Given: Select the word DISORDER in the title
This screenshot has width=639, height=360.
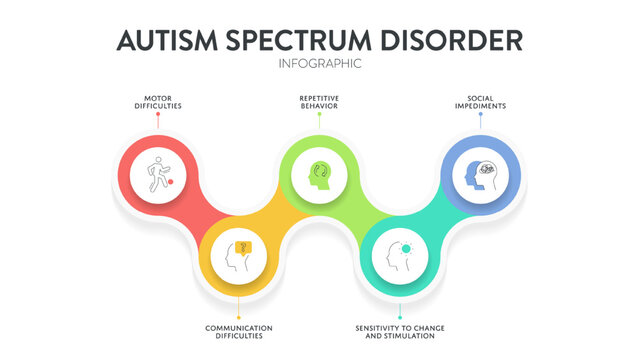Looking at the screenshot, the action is click(x=457, y=40).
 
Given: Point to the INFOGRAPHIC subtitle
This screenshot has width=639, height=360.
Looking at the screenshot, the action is click(x=319, y=64).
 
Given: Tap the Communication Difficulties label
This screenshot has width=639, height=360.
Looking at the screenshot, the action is click(x=239, y=332).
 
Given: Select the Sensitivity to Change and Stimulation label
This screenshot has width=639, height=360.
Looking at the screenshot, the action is click(x=400, y=332).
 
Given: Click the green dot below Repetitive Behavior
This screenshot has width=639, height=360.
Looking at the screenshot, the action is click(x=319, y=114).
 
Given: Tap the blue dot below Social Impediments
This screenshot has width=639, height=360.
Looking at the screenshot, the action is click(x=480, y=114).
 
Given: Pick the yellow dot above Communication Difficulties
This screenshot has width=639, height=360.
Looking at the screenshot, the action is click(x=239, y=317).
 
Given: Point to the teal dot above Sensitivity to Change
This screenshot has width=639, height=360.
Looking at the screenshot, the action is click(x=400, y=317).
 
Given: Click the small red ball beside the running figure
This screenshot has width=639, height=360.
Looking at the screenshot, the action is click(x=171, y=182).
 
